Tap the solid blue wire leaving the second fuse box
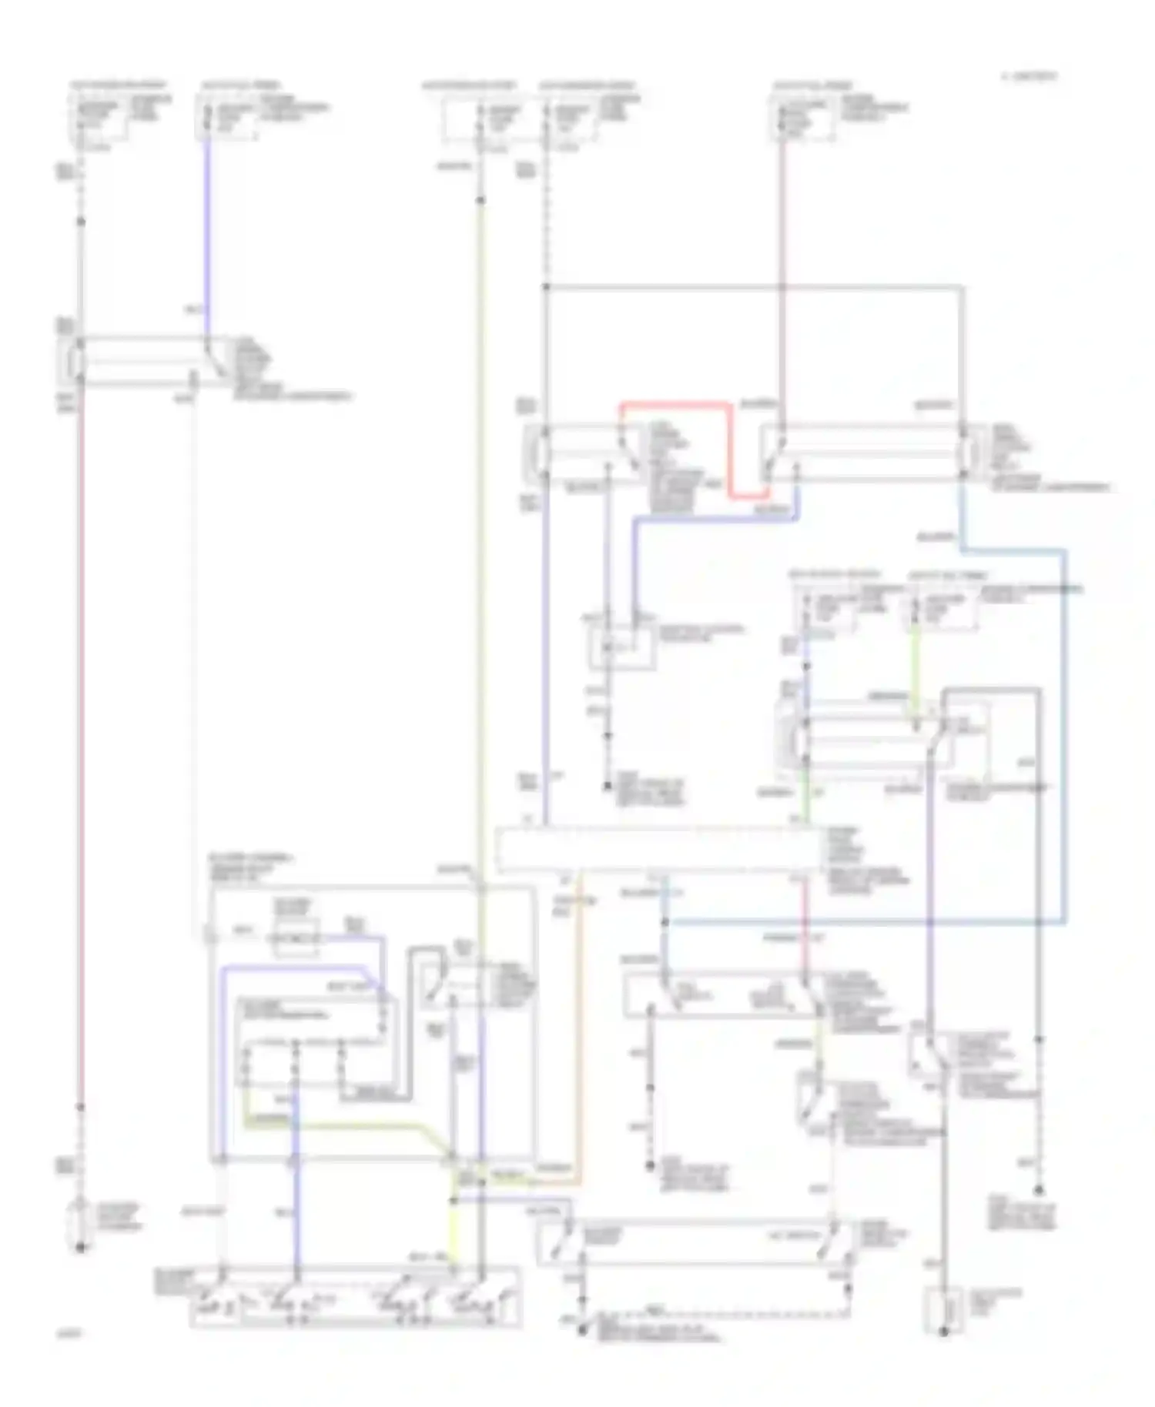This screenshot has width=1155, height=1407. (x=206, y=231)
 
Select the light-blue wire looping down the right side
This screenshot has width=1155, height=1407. (x=1064, y=731)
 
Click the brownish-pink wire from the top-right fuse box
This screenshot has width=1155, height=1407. (x=781, y=269)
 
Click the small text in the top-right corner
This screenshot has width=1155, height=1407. (x=1030, y=76)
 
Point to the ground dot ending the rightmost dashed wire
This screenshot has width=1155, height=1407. (x=1038, y=1190)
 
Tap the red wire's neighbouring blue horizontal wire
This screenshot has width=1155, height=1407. (x=716, y=520)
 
